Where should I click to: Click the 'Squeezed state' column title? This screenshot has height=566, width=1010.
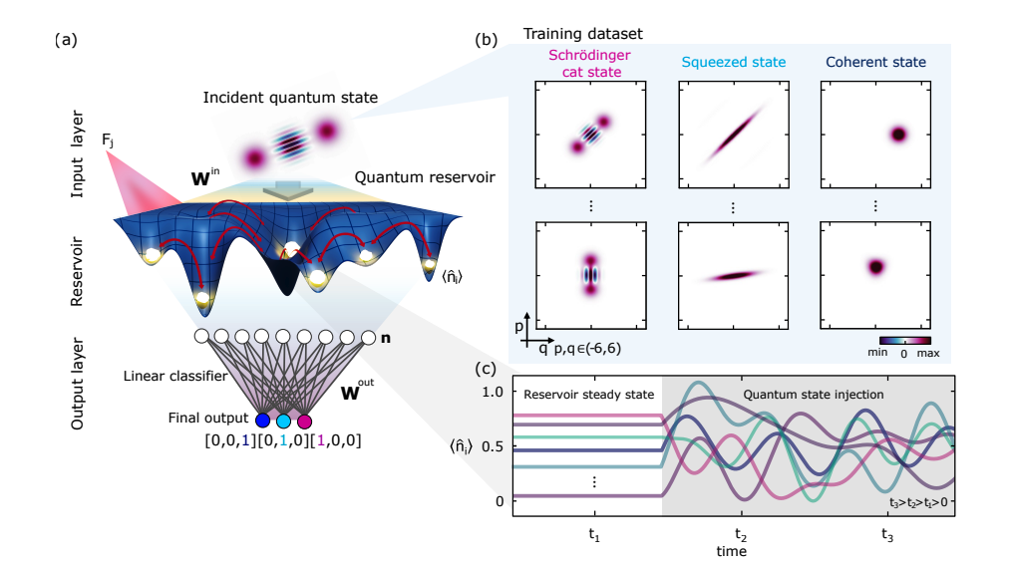pos(733,62)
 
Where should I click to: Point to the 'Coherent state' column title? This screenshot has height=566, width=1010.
pos(874,62)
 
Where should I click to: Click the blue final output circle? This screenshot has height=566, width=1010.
pos(262,421)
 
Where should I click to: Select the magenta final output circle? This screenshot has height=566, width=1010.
pos(304,421)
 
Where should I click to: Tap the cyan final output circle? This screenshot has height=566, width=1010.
pos(283,421)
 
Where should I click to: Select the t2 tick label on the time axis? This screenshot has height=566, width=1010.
pos(738,533)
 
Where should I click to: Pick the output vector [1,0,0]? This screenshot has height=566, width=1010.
pos(331,440)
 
